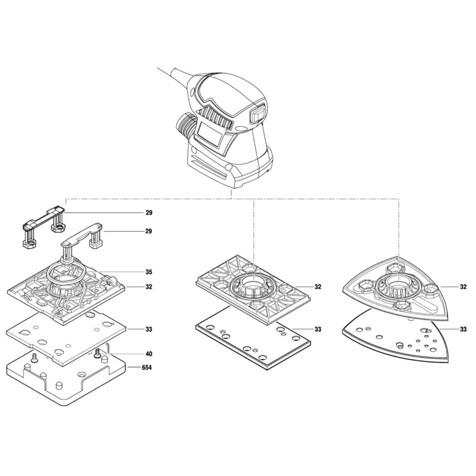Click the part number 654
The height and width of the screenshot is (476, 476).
147,367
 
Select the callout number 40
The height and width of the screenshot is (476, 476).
149,354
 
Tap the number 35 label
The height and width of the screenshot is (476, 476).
149,272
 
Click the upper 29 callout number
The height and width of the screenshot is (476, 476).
149,213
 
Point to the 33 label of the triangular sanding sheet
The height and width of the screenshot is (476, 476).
463,329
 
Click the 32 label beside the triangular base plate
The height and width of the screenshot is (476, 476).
463,287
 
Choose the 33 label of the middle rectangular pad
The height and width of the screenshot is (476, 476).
318,329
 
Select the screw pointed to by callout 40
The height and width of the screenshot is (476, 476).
98,353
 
